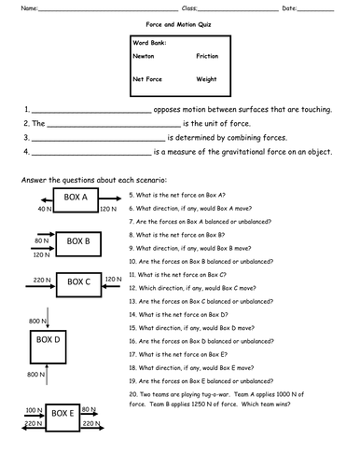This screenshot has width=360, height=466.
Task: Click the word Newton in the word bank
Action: tap(144, 57)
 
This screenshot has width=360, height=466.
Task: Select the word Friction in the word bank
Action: tap(206, 57)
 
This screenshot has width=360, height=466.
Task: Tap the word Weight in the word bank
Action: tap(206, 79)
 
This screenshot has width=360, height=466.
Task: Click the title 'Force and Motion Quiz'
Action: tap(178, 28)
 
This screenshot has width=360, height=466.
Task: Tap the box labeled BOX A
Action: tap(76, 199)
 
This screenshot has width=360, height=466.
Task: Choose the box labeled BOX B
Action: tap(76, 242)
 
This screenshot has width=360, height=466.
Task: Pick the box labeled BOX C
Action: tap(76, 281)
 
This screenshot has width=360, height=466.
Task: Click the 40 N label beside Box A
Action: tap(44, 211)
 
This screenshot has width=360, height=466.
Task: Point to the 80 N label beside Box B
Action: tap(40, 240)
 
